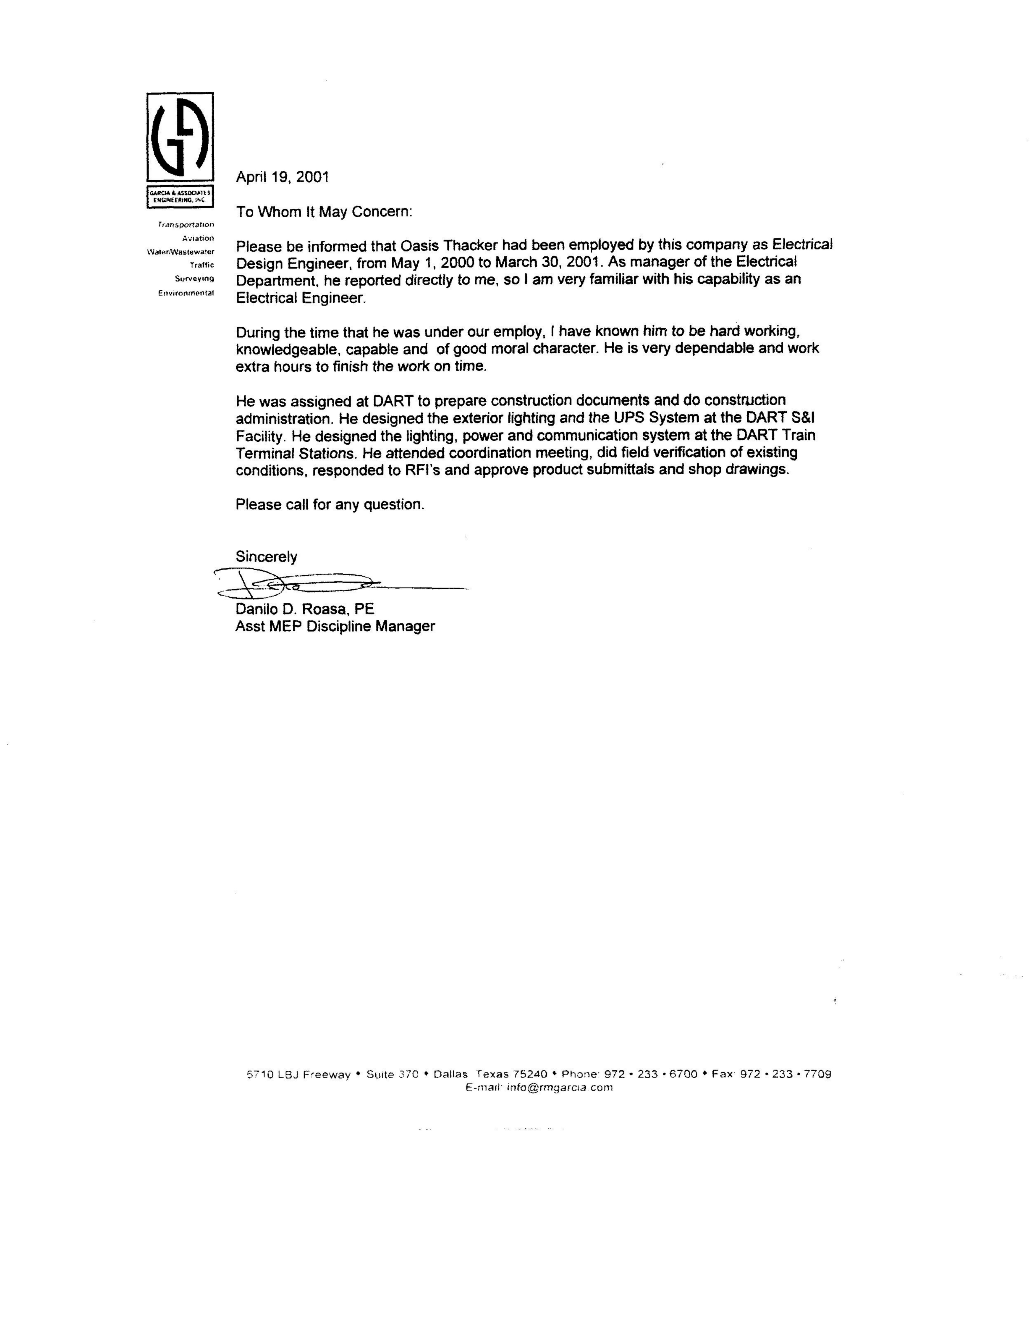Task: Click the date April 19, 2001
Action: [282, 177]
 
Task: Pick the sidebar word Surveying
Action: [194, 279]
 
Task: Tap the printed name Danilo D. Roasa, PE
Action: [305, 609]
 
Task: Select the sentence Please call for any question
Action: [330, 504]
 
